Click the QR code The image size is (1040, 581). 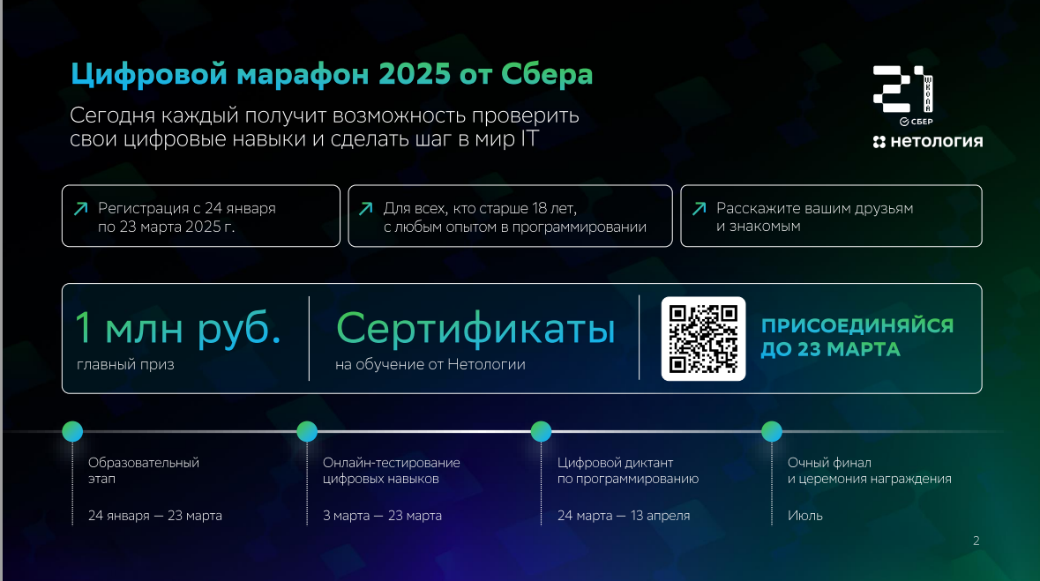coord(703,339)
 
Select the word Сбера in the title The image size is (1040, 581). coord(547,74)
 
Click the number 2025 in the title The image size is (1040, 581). coord(415,74)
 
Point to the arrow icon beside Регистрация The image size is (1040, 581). coord(81,209)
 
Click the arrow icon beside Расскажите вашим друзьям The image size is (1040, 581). coord(700,209)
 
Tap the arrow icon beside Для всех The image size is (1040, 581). coord(365,209)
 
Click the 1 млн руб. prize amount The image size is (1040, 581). coord(178,328)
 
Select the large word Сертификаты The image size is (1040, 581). coord(475,328)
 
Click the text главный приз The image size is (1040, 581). coord(125,364)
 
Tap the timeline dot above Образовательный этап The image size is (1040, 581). coord(72,431)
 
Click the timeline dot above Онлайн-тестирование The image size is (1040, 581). coord(307,431)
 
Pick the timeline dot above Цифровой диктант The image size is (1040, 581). coord(542,431)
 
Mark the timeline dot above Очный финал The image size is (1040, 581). coord(771,431)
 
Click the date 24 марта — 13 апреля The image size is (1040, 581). coord(624,516)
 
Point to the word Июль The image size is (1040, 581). coord(805,516)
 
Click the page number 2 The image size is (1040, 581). coord(976,540)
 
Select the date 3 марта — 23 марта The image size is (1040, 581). coord(382,516)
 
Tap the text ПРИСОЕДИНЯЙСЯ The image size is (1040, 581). coord(857,325)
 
